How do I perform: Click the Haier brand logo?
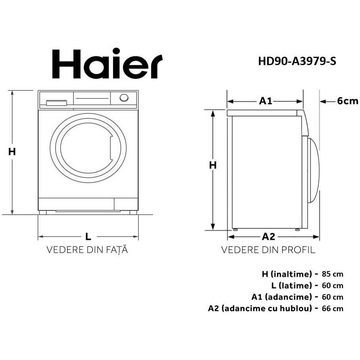tap(107, 64)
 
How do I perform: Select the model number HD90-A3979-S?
tap(297, 62)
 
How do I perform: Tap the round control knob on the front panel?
tap(124, 98)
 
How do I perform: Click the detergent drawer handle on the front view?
tap(56, 103)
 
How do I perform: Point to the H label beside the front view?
tap(12, 152)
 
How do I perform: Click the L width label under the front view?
tap(88, 237)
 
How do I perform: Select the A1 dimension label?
tap(266, 101)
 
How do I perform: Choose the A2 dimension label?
tap(268, 237)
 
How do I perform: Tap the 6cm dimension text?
tap(348, 101)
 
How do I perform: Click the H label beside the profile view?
tap(213, 165)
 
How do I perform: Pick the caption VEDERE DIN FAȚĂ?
tap(87, 250)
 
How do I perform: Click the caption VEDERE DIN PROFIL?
tap(268, 250)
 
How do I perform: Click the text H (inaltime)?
tap(287, 274)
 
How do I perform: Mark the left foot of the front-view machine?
tap(43, 212)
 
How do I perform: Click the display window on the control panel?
tap(92, 98)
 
